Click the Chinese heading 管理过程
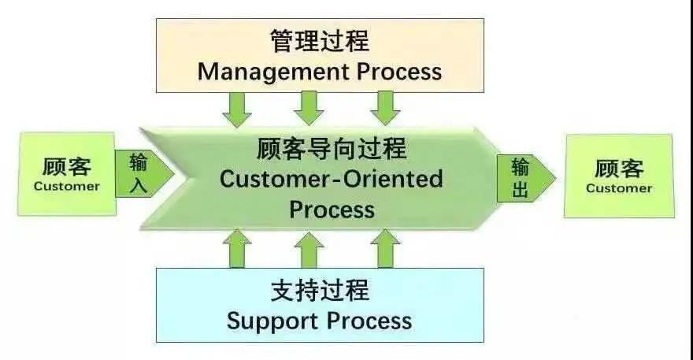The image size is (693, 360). click(320, 41)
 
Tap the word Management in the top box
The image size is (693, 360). click(273, 72)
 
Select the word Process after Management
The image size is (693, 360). click(399, 72)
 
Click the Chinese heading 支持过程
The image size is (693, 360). click(320, 290)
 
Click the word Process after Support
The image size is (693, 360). click(369, 321)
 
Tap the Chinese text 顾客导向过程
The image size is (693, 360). click(332, 148)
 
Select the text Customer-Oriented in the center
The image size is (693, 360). click(331, 179)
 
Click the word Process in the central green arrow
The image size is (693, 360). click(332, 210)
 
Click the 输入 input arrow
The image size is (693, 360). click(144, 173)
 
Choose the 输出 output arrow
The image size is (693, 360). click(526, 179)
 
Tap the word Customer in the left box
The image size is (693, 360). click(67, 186)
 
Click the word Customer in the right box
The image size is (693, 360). click(619, 188)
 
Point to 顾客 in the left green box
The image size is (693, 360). click(67, 167)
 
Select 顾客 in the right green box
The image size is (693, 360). click(619, 169)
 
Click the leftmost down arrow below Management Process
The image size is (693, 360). click(237, 109)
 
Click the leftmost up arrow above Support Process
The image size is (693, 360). click(237, 249)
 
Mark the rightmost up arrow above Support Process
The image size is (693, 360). click(385, 249)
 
